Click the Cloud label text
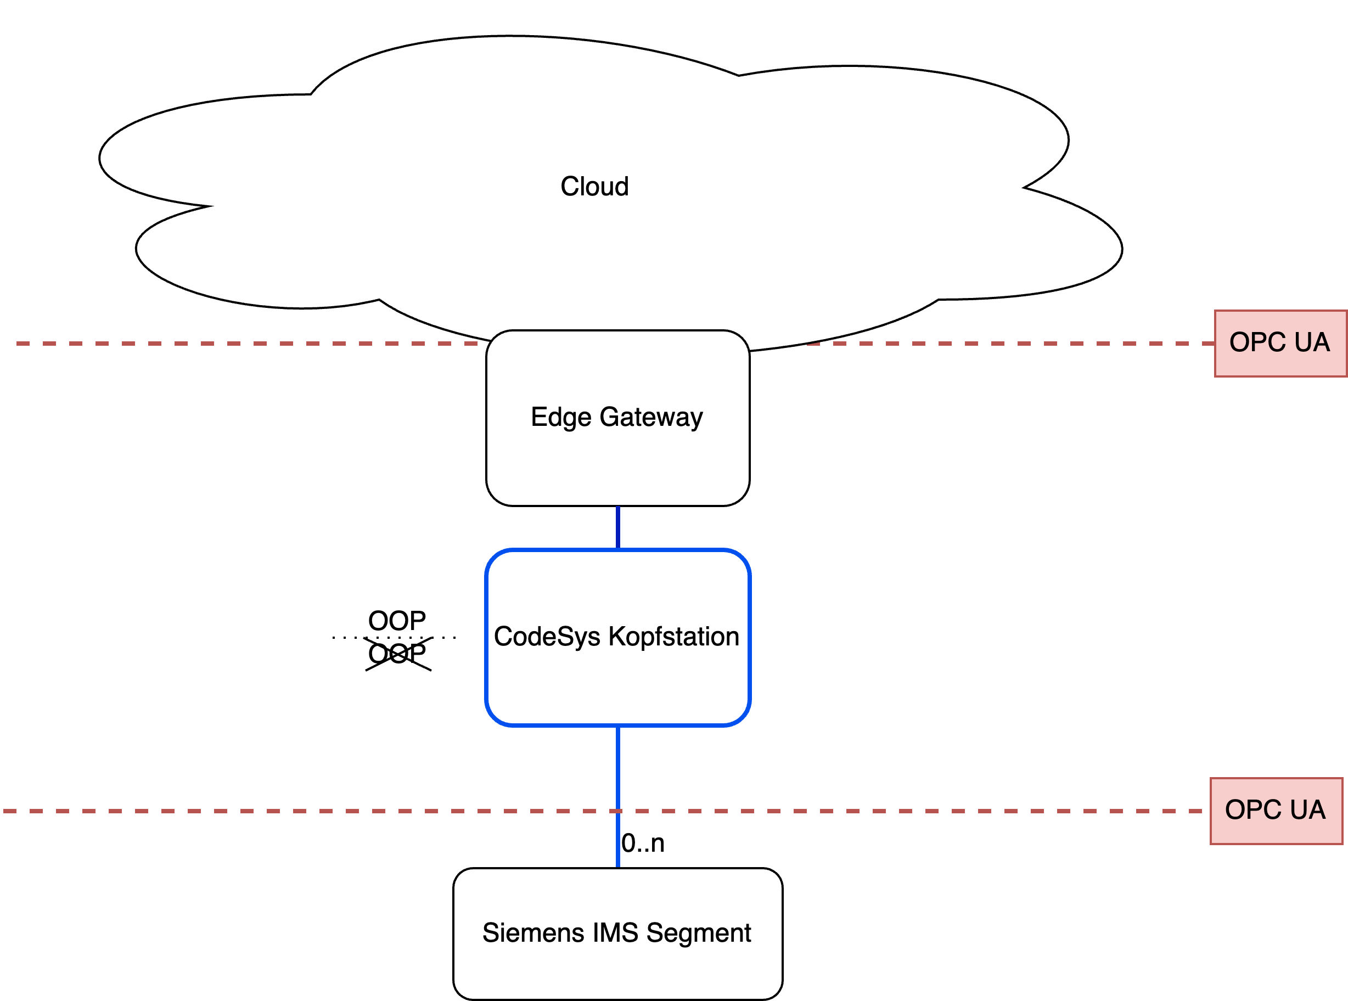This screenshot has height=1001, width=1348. coord(594,187)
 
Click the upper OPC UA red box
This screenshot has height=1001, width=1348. coord(1280,344)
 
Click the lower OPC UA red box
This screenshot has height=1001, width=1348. coord(1276,811)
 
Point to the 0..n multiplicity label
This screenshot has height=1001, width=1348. coord(643,843)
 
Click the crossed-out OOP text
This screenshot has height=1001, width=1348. coord(397,654)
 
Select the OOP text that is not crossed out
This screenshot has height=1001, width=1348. coord(397,621)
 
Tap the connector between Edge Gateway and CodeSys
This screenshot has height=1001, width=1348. coord(617,528)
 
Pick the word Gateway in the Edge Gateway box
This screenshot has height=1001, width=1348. coord(651,418)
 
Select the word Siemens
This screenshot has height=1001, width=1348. coord(533,933)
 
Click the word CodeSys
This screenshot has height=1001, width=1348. coord(547,637)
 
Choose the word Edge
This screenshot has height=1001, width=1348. coord(561,418)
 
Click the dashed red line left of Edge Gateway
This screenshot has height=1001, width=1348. coord(243,344)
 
